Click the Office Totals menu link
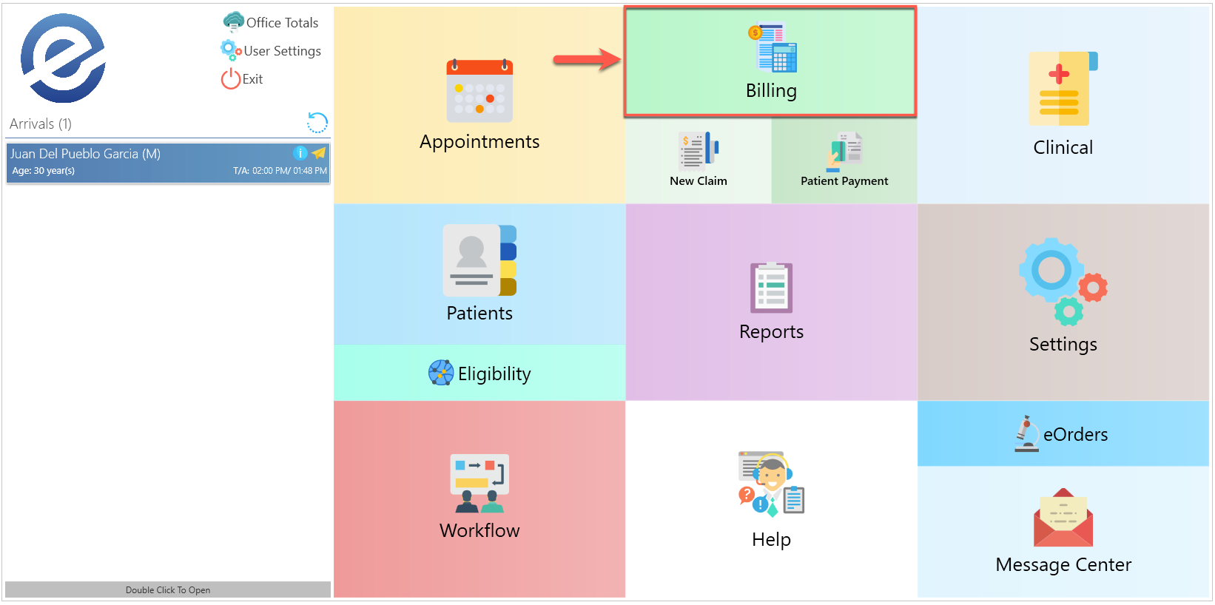[x=281, y=23]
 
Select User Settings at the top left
[x=282, y=51]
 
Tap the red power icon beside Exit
[x=230, y=79]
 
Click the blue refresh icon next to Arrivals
[x=317, y=123]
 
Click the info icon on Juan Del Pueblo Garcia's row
[x=300, y=153]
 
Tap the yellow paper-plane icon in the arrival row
[x=319, y=153]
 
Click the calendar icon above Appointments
[x=479, y=91]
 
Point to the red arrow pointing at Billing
[x=587, y=60]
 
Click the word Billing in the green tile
[x=771, y=91]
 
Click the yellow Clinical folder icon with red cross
[x=1063, y=89]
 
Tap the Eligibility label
[x=494, y=374]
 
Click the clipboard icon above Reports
[x=771, y=288]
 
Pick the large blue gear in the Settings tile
[x=1051, y=269]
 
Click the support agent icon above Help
[x=771, y=483]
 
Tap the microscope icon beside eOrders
[x=1026, y=433]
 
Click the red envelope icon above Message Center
[x=1063, y=518]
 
